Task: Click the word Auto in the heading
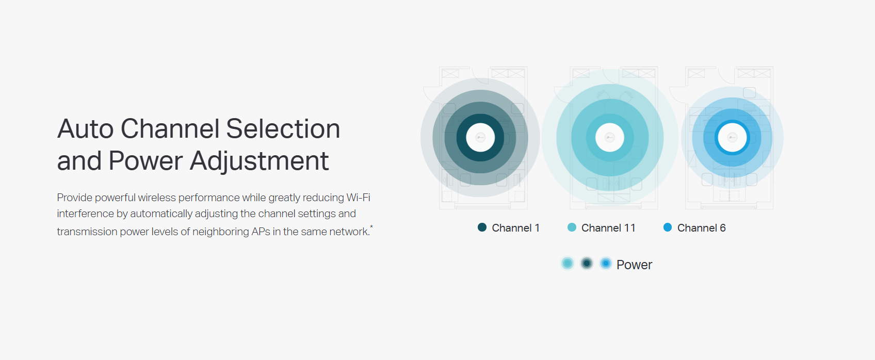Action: [86, 128]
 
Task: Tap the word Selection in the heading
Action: [283, 128]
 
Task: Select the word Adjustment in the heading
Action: [260, 161]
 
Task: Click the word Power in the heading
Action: [145, 161]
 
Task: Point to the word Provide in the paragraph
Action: [75, 198]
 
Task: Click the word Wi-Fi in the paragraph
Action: [358, 198]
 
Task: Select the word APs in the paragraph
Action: [261, 232]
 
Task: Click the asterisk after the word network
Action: [371, 226]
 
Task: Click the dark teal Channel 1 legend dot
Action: [482, 227]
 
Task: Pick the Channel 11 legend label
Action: [608, 228]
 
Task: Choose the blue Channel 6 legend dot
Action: [668, 227]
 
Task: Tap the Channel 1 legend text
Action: [515, 228]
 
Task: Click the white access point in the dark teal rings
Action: [480, 137]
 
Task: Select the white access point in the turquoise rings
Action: [610, 137]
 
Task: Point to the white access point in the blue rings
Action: [733, 137]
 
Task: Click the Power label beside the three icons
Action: [635, 265]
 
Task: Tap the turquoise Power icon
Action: [568, 264]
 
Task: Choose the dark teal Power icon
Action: [587, 264]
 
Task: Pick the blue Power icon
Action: [606, 264]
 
